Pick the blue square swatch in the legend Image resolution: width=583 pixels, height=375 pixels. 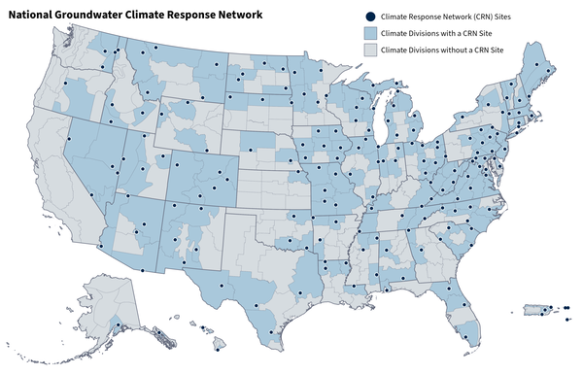tap(371, 33)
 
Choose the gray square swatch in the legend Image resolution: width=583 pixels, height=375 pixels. tap(371, 49)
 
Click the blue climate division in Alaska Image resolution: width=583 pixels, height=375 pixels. tap(118, 324)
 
